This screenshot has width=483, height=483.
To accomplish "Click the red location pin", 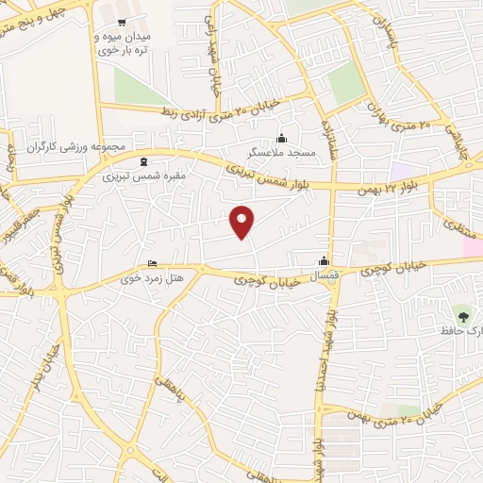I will pyautogui.click(x=242, y=222).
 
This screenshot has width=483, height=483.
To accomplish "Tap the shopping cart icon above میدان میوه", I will pyautogui.click(x=121, y=21).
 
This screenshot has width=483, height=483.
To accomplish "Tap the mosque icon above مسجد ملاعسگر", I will pyautogui.click(x=280, y=139).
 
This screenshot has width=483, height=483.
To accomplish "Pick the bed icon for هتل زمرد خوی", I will pyautogui.click(x=153, y=264).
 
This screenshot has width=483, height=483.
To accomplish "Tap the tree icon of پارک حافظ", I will pyautogui.click(x=461, y=312).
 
